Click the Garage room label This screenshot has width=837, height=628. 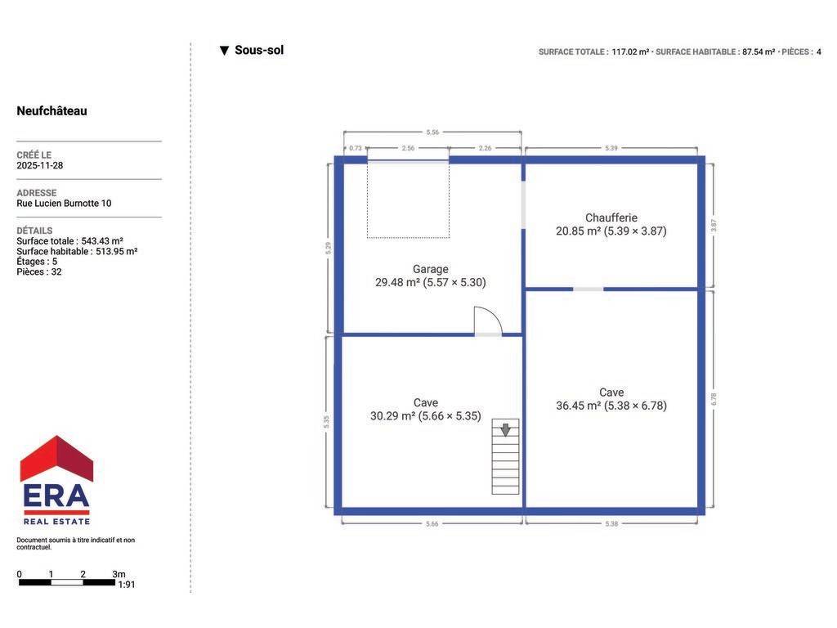click(430, 269)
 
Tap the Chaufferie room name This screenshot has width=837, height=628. click(611, 218)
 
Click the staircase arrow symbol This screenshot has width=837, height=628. click(505, 429)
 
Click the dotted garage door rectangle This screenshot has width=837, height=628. click(408, 200)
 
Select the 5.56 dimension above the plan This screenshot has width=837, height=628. click(432, 132)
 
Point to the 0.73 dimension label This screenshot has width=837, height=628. click(356, 148)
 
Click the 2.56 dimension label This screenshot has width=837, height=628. click(408, 148)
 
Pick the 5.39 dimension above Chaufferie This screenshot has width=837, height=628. click(611, 148)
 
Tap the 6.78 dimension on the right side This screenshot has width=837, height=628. click(714, 399)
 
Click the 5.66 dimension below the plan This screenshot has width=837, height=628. click(432, 524)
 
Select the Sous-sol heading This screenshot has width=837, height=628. click(259, 50)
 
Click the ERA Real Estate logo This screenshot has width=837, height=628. click(56, 480)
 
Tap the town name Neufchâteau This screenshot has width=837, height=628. click(51, 111)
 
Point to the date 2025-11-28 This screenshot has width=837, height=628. click(39, 165)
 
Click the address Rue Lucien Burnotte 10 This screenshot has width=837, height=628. click(64, 204)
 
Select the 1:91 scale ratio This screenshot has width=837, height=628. click(127, 585)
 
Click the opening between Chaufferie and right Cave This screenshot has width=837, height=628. click(589, 289)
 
